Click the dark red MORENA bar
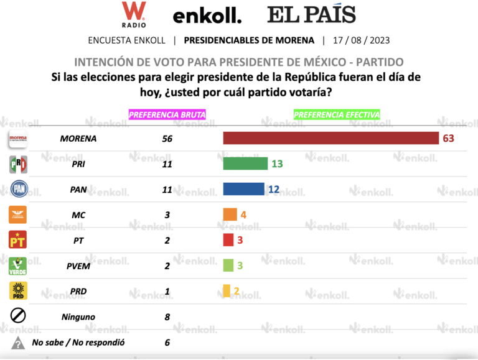pyautogui.click(x=331, y=138)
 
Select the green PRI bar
pyautogui.click(x=246, y=164)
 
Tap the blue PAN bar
pyautogui.click(x=243, y=189)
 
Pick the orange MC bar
pyautogui.click(x=230, y=215)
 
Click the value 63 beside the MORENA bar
pyautogui.click(x=448, y=138)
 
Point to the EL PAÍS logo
pyautogui.click(x=311, y=14)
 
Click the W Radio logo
pyautogui.click(x=134, y=14)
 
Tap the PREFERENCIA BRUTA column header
pyautogui.click(x=167, y=114)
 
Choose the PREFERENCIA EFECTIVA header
pyautogui.click(x=337, y=114)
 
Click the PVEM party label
pyautogui.click(x=78, y=265)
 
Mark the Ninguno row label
pyautogui.click(x=78, y=316)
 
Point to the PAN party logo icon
pyautogui.click(x=18, y=189)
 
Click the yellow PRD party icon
pyautogui.click(x=18, y=291)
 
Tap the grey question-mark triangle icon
pyautogui.click(x=18, y=342)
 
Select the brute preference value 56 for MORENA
pyautogui.click(x=167, y=138)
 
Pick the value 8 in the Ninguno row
pyautogui.click(x=167, y=316)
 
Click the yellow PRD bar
pyautogui.click(x=227, y=291)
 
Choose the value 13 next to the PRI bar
pyautogui.click(x=277, y=164)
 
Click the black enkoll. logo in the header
pyautogui.click(x=207, y=16)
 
